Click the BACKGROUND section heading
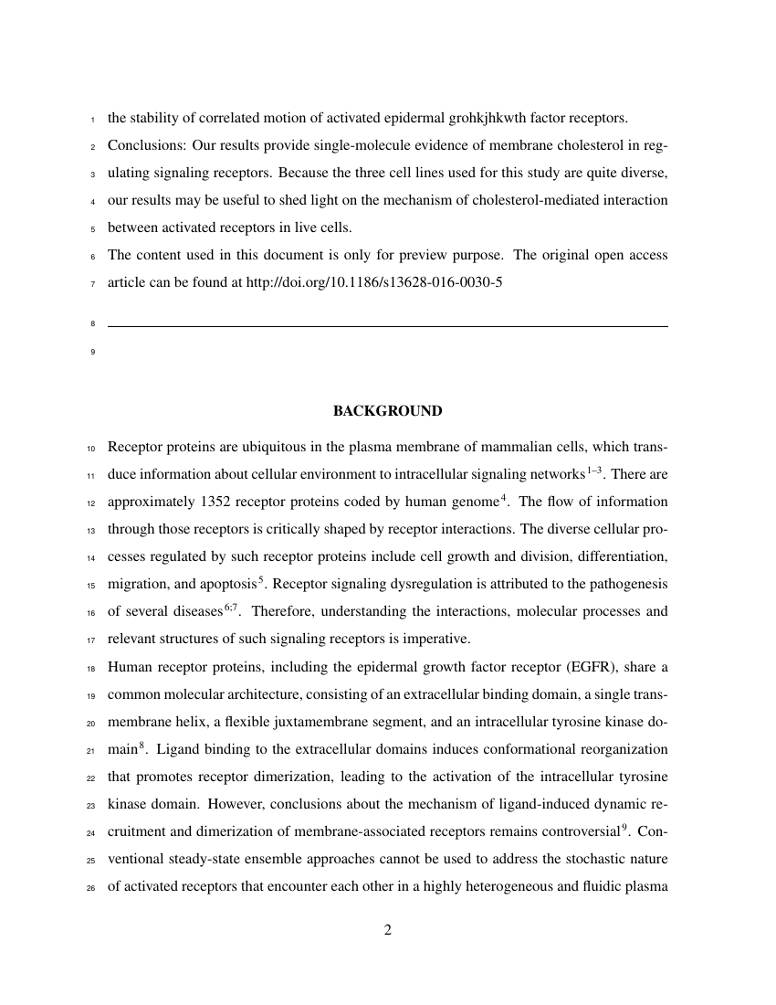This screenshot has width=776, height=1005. click(x=387, y=411)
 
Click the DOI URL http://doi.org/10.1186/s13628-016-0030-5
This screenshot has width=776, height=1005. click(x=374, y=282)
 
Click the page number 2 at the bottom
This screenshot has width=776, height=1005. click(x=388, y=931)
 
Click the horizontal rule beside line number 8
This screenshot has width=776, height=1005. click(x=387, y=326)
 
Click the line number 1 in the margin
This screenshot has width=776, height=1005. click(x=94, y=119)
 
